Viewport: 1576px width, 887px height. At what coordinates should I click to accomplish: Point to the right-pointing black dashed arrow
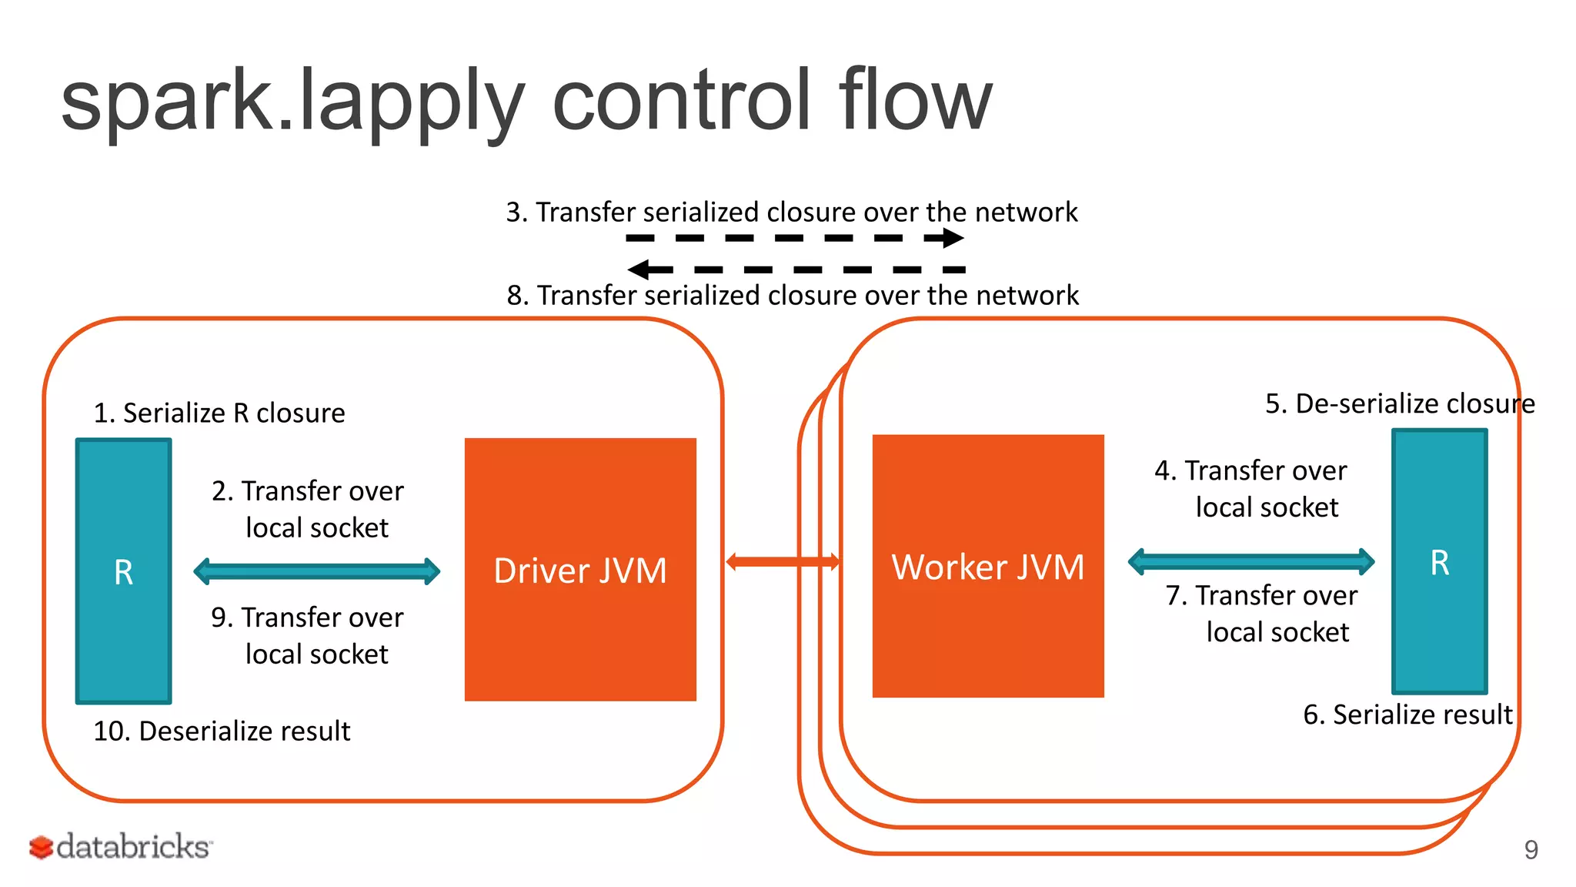(x=794, y=238)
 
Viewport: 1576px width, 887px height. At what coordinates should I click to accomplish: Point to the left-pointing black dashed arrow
(x=796, y=269)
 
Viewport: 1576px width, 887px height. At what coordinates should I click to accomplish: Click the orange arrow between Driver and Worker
(x=782, y=561)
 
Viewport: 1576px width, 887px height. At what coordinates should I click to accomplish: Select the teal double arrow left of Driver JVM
(x=316, y=571)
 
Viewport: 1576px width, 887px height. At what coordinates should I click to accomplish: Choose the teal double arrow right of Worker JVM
(x=1250, y=561)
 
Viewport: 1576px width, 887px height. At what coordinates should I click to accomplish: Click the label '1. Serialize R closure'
(x=219, y=413)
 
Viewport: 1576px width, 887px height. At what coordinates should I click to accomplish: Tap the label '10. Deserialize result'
(x=222, y=731)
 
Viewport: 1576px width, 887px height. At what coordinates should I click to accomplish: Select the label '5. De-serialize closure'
(x=1399, y=403)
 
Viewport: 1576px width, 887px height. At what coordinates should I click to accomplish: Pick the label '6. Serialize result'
(x=1407, y=715)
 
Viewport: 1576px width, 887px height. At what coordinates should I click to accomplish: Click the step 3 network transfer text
(x=791, y=212)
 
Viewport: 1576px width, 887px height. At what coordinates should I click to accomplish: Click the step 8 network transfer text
(x=793, y=295)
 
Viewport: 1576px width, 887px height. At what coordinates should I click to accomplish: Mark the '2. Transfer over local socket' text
(x=308, y=509)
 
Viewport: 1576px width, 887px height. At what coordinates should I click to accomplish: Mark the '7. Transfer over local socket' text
(x=1262, y=614)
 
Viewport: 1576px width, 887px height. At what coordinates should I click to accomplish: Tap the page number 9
(x=1531, y=849)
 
